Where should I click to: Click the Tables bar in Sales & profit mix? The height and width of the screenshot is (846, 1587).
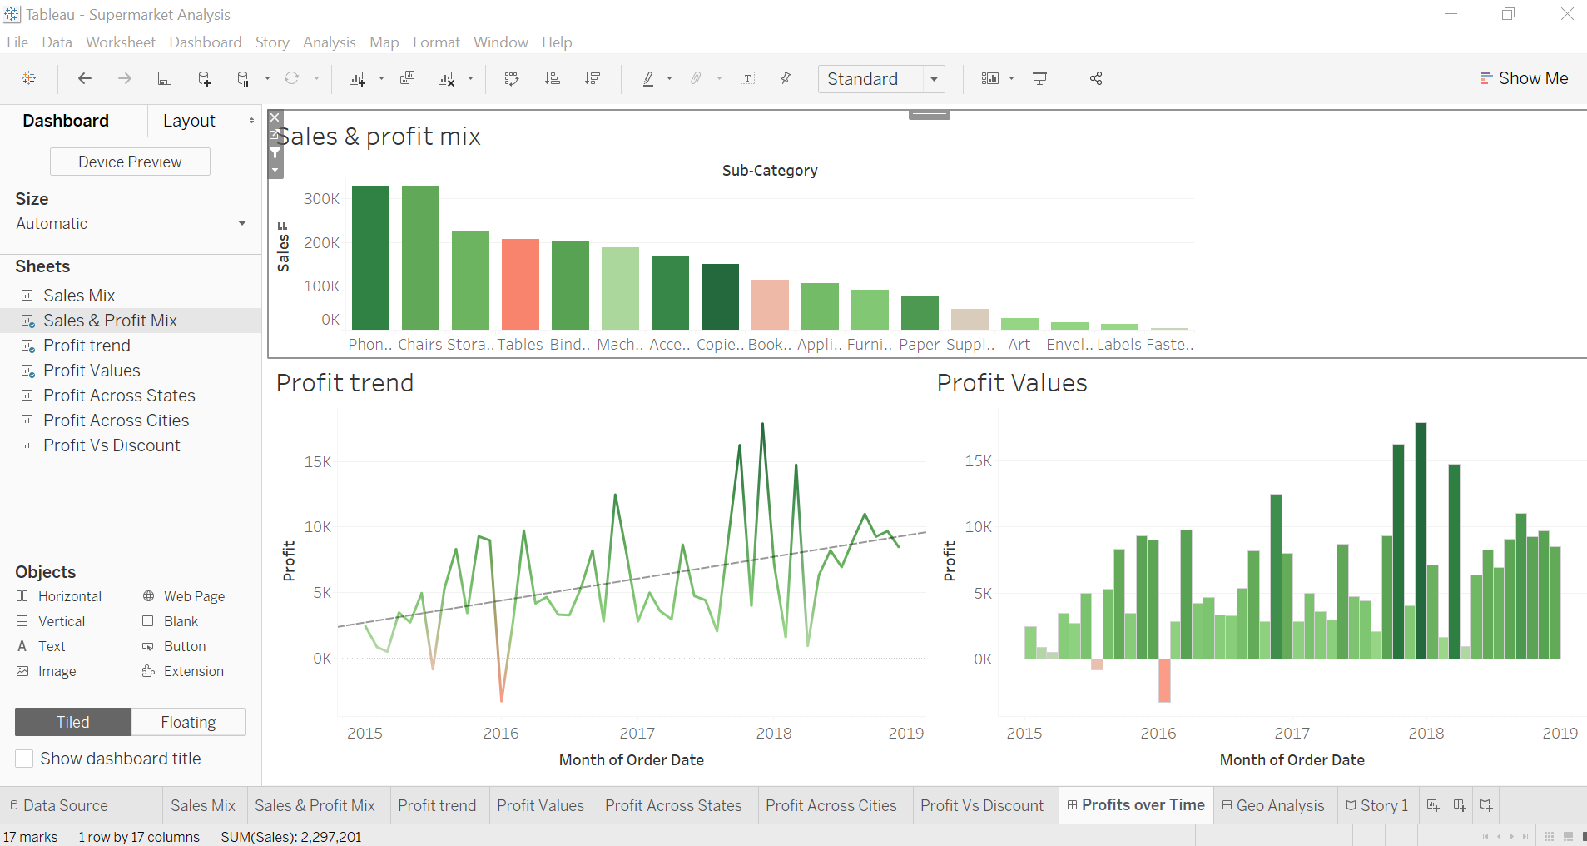520,284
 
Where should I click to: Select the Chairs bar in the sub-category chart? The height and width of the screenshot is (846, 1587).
420,257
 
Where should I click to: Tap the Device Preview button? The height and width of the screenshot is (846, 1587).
130,162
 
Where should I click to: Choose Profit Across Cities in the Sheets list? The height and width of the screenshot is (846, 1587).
116,421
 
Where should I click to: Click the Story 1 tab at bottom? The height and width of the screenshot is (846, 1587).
1377,805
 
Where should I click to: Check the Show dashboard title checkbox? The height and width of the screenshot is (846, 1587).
25,759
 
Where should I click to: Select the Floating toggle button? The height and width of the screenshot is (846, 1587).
188,722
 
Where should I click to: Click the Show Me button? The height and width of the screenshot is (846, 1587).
1525,78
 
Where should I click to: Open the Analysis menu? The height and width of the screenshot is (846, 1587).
329,42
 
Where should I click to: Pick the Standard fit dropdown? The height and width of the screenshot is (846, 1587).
881,79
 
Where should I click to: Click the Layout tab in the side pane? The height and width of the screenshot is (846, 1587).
190,121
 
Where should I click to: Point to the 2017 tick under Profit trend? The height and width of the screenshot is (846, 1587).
637,733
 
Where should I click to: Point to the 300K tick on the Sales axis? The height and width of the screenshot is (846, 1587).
321,199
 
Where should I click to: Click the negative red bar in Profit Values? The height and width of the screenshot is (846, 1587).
1164,680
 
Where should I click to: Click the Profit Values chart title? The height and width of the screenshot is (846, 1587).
1011,382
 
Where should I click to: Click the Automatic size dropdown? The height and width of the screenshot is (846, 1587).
131,223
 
